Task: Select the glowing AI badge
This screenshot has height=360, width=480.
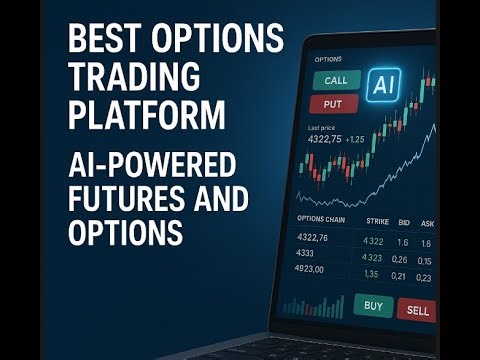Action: coord(382,84)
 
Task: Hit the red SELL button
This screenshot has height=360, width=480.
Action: coord(418,310)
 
